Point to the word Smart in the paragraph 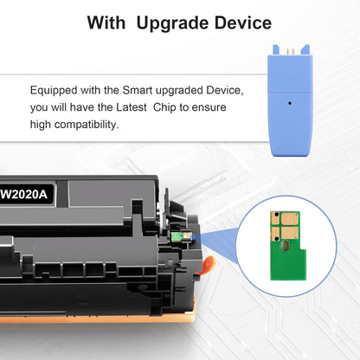(x=138, y=91)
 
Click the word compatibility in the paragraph (x=92, y=124)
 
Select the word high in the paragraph (x=42, y=124)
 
